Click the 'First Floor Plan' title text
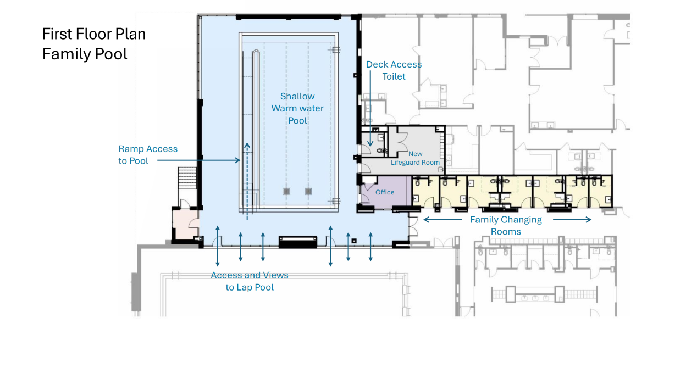93,34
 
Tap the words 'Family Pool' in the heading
85,54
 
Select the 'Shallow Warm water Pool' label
297,108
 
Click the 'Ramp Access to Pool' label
148,155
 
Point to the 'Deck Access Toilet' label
394,70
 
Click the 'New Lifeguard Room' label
415,158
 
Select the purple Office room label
385,192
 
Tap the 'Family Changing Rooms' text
506,225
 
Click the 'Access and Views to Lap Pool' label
250,281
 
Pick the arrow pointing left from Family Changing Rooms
442,220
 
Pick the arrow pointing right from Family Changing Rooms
572,220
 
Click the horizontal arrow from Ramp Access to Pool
199,160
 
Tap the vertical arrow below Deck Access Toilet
370,109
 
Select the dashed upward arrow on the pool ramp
247,181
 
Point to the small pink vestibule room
186,225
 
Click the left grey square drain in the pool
286,192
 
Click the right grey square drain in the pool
308,192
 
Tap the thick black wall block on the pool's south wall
298,242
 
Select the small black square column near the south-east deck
354,241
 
